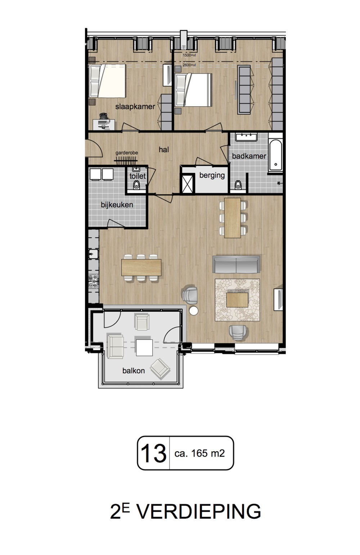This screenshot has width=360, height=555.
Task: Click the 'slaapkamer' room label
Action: pyautogui.click(x=135, y=107)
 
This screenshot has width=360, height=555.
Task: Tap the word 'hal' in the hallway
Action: pyautogui.click(x=164, y=149)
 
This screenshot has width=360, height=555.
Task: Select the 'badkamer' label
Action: pyautogui.click(x=249, y=156)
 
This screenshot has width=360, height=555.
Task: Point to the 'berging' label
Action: pyautogui.click(x=212, y=175)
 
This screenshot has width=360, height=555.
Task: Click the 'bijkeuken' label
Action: pyautogui.click(x=117, y=205)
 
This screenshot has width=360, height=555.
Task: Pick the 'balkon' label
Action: pyautogui.click(x=134, y=371)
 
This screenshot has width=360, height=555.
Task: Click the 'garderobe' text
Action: pyautogui.click(x=127, y=153)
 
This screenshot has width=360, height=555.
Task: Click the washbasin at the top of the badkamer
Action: pyautogui.click(x=247, y=137)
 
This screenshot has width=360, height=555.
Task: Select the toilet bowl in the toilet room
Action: pyautogui.click(x=136, y=185)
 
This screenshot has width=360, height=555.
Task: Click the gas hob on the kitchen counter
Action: pyautogui.click(x=94, y=281)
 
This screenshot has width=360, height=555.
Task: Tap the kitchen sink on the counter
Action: pyautogui.click(x=93, y=254)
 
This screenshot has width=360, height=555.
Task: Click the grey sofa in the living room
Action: pyautogui.click(x=236, y=265)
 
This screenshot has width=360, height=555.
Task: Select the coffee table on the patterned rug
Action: pyautogui.click(x=237, y=299)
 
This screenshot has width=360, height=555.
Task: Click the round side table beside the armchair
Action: pyautogui.click(x=193, y=311)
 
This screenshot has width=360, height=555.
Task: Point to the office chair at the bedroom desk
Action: pyautogui.click(x=104, y=116)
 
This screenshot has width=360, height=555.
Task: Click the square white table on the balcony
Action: pyautogui.click(x=144, y=347)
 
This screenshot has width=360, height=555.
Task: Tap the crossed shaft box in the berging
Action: pyautogui.click(x=188, y=184)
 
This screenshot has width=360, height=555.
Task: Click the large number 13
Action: pyautogui.click(x=153, y=453)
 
